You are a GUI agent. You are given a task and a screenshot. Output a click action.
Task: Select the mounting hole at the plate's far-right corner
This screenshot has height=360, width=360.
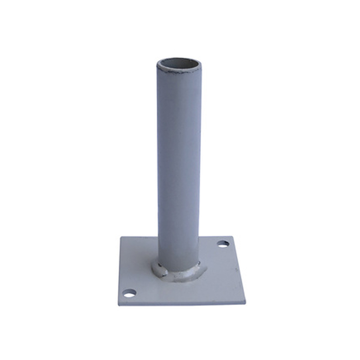pos(223,243)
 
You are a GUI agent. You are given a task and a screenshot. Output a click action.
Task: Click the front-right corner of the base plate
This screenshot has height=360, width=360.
pos(247,300)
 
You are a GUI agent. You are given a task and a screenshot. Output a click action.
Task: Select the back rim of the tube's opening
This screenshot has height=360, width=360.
pos(179,58)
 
